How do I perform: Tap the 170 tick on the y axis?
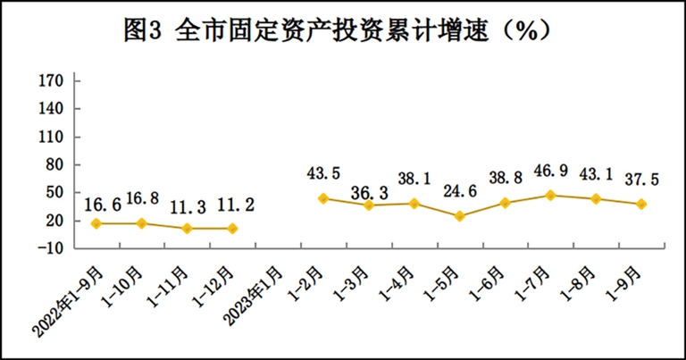pyautogui.click(x=50, y=81)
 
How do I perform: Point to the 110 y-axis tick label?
pyautogui.click(x=50, y=138)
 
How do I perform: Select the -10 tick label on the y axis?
pyautogui.click(x=48, y=248)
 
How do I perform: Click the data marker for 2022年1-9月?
pyautogui.click(x=96, y=222)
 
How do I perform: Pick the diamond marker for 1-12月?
pyautogui.click(x=233, y=229)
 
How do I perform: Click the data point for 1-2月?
pyautogui.click(x=323, y=197)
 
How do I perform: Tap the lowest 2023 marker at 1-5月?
pyautogui.click(x=460, y=216)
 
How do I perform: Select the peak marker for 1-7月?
pyautogui.click(x=551, y=195)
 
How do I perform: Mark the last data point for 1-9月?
pyautogui.click(x=641, y=204)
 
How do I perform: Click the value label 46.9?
pyautogui.click(x=551, y=169)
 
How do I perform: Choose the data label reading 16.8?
pyautogui.click(x=143, y=197)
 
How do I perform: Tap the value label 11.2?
pyautogui.click(x=236, y=205)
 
